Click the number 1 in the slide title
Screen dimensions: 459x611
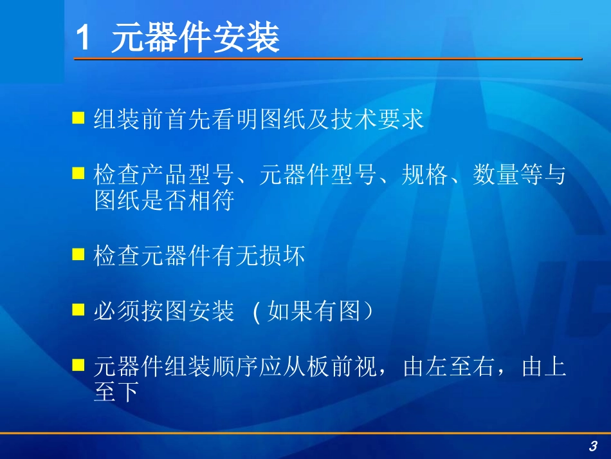[83, 38]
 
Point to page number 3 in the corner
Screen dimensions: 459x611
[592, 446]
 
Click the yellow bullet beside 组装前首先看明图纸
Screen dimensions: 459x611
[78, 118]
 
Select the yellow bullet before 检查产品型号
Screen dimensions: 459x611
[78, 173]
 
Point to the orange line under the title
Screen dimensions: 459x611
[328, 59]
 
